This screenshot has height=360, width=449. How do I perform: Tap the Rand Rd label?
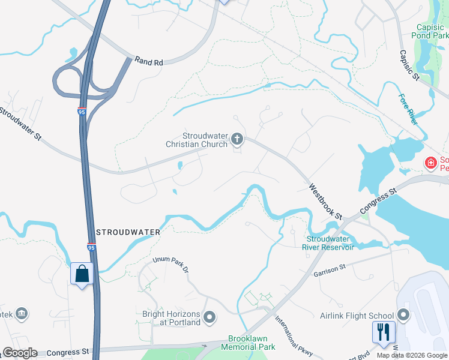(x=149, y=61)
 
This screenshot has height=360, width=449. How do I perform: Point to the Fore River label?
(x=408, y=109)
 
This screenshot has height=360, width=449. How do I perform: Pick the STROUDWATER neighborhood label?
(x=128, y=232)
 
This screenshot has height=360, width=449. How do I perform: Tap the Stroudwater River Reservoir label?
(x=330, y=242)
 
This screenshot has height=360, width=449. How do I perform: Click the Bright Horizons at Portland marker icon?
(x=209, y=316)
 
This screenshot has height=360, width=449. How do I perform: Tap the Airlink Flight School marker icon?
(x=403, y=315)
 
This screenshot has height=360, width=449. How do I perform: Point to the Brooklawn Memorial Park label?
(x=248, y=343)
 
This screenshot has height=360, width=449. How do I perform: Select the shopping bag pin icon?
(x=82, y=274)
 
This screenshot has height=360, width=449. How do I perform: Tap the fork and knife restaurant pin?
(x=383, y=332)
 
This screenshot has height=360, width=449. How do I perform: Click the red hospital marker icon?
(x=430, y=162)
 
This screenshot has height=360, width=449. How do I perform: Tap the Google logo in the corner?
(x=20, y=353)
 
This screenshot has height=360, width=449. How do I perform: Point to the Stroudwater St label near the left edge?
(x=20, y=124)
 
